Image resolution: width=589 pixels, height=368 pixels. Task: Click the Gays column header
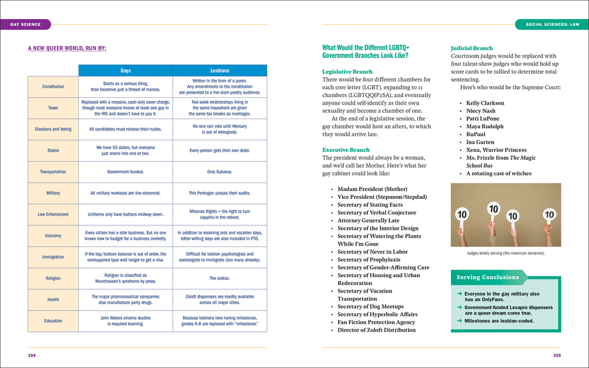[x=125, y=71]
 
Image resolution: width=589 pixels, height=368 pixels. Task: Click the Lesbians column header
[x=220, y=71]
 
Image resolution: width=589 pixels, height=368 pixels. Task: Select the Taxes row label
[x=53, y=108]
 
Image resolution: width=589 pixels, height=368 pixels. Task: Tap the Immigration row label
[x=53, y=257]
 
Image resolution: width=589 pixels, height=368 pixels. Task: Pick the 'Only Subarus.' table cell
[x=220, y=172]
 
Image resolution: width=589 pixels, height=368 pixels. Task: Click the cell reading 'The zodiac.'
[x=220, y=278]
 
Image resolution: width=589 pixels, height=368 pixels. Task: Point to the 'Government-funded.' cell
[x=125, y=172]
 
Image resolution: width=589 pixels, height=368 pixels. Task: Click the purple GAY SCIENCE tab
[x=26, y=24]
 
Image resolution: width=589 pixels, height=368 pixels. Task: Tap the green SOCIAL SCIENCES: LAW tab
[x=551, y=24]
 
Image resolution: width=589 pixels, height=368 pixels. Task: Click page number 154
[x=32, y=355]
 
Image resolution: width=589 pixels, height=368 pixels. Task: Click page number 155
[x=557, y=355]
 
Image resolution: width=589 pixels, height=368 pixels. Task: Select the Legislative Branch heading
[x=347, y=72]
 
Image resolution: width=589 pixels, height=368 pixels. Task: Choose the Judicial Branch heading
[x=472, y=48]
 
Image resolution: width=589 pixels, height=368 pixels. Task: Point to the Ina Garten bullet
[x=480, y=142]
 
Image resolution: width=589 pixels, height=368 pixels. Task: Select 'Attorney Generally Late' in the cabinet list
[x=368, y=220]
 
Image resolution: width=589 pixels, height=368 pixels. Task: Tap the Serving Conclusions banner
[x=488, y=277]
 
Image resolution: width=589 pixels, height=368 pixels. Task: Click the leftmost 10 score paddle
[x=462, y=214]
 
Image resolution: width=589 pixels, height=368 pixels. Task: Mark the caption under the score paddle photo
[x=506, y=253]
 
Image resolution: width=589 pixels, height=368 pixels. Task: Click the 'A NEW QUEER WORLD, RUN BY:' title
[x=67, y=48]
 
